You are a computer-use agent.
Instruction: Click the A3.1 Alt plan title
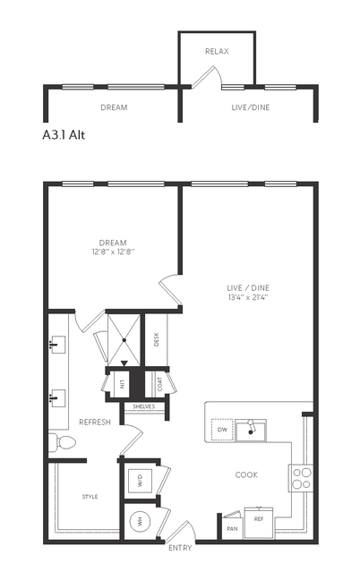(64, 135)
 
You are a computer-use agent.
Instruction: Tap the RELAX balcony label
(217, 51)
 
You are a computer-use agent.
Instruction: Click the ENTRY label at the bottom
(180, 548)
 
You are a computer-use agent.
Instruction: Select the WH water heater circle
(140, 522)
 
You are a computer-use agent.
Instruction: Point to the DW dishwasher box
(222, 430)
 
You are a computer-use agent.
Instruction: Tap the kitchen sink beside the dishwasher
(251, 430)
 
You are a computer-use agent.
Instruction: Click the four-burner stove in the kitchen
(302, 478)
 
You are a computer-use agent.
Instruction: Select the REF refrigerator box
(259, 523)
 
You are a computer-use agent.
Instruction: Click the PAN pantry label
(232, 529)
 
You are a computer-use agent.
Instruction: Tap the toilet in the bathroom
(62, 442)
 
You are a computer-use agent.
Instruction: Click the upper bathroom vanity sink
(57, 345)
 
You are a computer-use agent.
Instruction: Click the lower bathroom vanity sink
(57, 397)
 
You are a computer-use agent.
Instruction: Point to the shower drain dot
(124, 340)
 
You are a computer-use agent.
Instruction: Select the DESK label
(156, 339)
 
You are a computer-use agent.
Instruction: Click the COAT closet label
(160, 384)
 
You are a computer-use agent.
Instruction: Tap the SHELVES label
(144, 406)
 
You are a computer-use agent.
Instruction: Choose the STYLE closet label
(90, 497)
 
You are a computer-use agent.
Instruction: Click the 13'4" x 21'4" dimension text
(248, 297)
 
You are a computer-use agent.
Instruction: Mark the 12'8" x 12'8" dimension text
(113, 252)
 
